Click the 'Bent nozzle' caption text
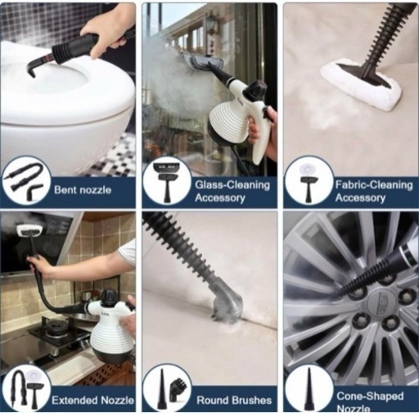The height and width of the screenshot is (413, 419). [x=83, y=189]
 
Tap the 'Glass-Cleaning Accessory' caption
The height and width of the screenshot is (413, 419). [x=232, y=191]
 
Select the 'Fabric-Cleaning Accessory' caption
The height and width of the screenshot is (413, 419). [x=374, y=191]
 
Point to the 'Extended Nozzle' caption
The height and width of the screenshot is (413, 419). [x=93, y=400]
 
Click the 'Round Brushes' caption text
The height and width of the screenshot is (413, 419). [x=234, y=400]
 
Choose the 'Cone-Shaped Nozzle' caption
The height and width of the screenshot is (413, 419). [x=370, y=402]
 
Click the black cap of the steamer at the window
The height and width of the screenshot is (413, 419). [x=255, y=89]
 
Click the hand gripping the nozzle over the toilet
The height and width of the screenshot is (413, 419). [x=107, y=39]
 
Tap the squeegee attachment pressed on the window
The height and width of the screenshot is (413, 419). [x=204, y=62]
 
